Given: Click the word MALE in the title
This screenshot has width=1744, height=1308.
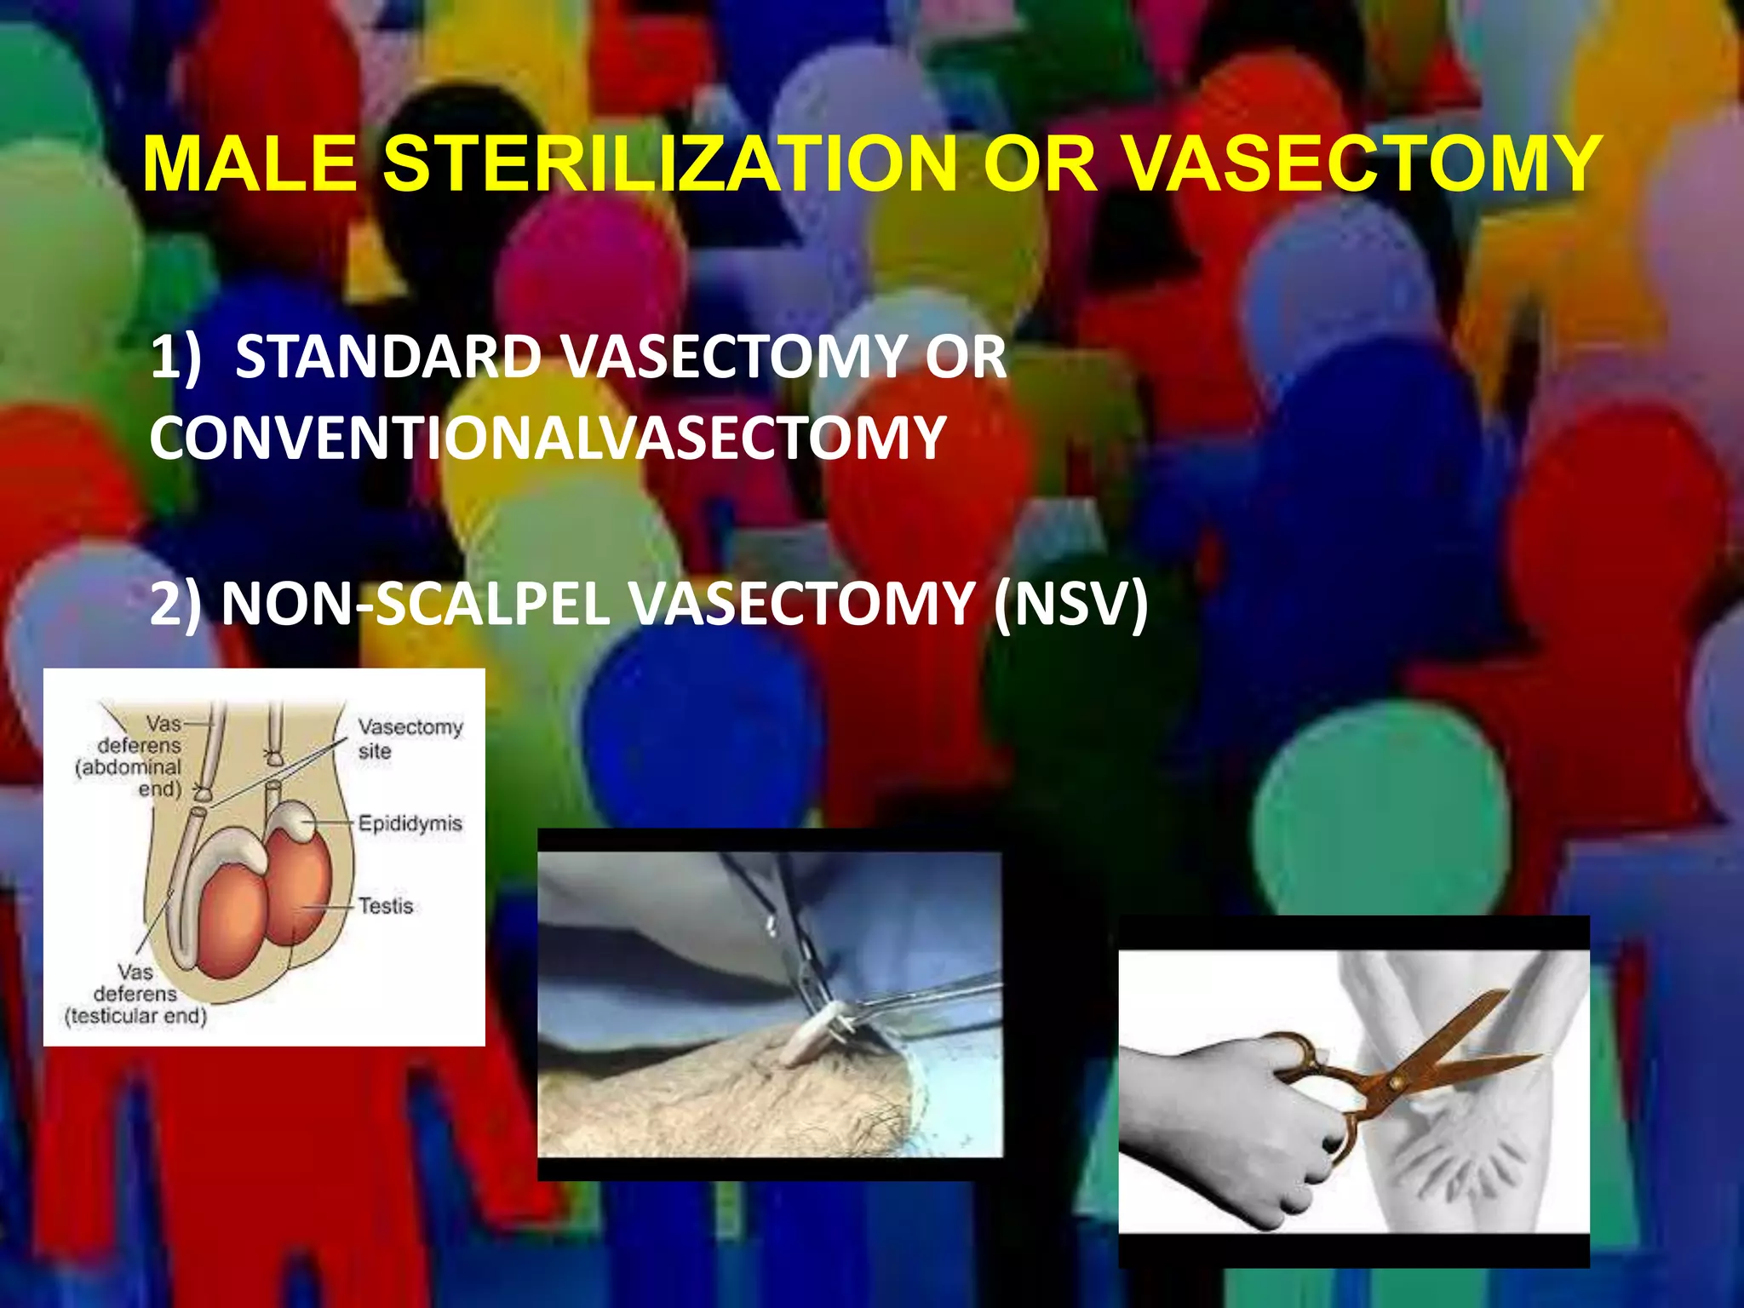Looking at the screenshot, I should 250,163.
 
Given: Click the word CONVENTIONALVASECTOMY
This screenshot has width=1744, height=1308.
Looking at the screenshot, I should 548,438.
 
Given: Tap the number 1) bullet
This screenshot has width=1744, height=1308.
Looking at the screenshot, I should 175,357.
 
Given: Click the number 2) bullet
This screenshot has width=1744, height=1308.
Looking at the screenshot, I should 175,604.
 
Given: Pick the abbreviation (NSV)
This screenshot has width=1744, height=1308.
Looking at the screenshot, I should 1070,604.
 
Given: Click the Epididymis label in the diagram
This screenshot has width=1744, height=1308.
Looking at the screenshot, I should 410,823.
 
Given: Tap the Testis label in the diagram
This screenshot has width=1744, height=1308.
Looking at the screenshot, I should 386,905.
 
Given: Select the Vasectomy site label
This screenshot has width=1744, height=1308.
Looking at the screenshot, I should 410,738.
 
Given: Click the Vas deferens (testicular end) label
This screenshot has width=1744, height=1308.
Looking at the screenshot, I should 136,994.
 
